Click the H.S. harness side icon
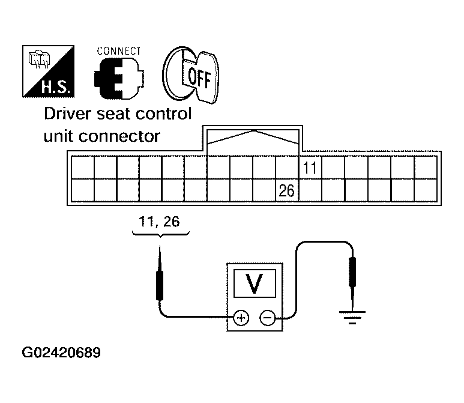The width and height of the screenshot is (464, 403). tap(48, 71)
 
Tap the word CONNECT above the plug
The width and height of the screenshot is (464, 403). tap(119, 51)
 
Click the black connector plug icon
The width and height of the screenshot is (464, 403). tap(119, 78)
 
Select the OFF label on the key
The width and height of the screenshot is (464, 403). tap(199, 77)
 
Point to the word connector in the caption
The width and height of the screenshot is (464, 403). tap(119, 136)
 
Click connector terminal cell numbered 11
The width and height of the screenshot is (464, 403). tap(310, 168)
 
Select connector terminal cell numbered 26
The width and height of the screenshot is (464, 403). tap(287, 190)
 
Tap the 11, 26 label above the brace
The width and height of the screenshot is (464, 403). tap(159, 222)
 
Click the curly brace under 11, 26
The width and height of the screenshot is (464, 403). tap(160, 235)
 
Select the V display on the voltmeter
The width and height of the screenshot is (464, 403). tap(255, 283)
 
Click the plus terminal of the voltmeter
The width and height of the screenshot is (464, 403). tap(241, 318)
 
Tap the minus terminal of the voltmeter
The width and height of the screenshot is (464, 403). tap(267, 318)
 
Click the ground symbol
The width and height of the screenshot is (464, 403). tap(352, 318)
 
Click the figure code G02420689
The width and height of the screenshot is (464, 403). tap(61, 353)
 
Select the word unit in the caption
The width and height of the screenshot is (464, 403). tap(58, 136)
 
